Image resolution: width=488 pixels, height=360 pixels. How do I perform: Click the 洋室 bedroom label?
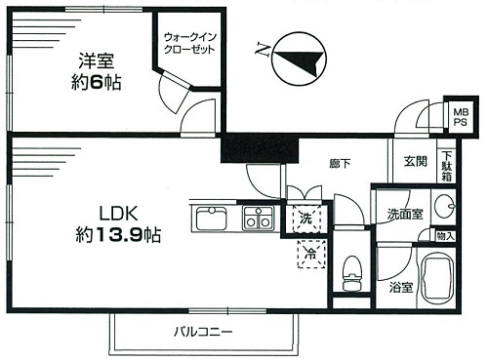97,61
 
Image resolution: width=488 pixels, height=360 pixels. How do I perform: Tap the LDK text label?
119,215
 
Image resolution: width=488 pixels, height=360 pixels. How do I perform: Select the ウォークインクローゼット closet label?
189,43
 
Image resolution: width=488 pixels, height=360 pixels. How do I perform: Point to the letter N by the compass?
263,49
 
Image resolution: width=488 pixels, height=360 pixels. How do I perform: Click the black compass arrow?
302,61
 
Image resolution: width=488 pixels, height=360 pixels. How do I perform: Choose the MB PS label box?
461,117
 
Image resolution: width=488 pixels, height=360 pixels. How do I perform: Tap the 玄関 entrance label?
416,161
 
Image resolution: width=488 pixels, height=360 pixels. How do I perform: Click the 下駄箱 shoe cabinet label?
447,166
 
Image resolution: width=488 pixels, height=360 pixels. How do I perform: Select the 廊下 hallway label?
340,163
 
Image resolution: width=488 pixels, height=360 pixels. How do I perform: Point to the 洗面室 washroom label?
405,214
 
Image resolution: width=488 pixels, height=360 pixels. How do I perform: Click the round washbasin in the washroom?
444,206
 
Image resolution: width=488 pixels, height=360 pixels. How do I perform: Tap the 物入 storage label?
445,236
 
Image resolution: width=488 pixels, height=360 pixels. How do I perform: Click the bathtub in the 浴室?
437,278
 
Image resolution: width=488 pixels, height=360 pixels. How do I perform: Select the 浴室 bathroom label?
401,287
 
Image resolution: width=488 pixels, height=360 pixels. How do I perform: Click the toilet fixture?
352,273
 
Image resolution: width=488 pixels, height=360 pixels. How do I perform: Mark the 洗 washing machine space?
306,219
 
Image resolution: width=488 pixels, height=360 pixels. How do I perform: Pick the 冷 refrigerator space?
311,254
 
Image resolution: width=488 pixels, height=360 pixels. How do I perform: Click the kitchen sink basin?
212,219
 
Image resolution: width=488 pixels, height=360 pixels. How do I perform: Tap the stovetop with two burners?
259,219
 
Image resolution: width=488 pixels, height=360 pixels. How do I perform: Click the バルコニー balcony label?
204,332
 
